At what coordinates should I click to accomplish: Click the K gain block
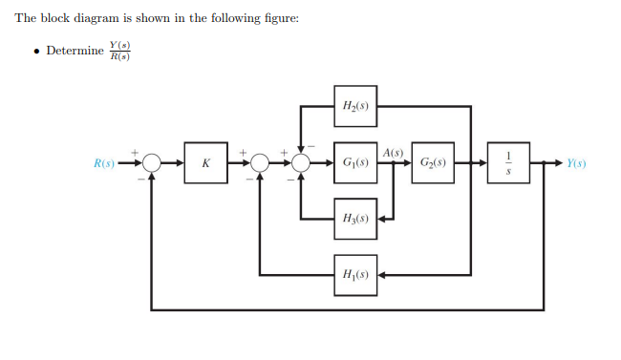coord(205,163)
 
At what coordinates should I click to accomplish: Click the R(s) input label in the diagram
coord(104,163)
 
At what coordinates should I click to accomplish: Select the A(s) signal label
coord(393,153)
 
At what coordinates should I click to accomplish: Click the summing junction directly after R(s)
coord(151,163)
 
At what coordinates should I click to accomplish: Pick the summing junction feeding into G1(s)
coord(301,163)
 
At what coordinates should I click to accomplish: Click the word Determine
coord(75,51)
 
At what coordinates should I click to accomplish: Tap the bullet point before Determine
coord(35,51)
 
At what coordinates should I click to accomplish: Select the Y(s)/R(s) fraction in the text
coord(119,51)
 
